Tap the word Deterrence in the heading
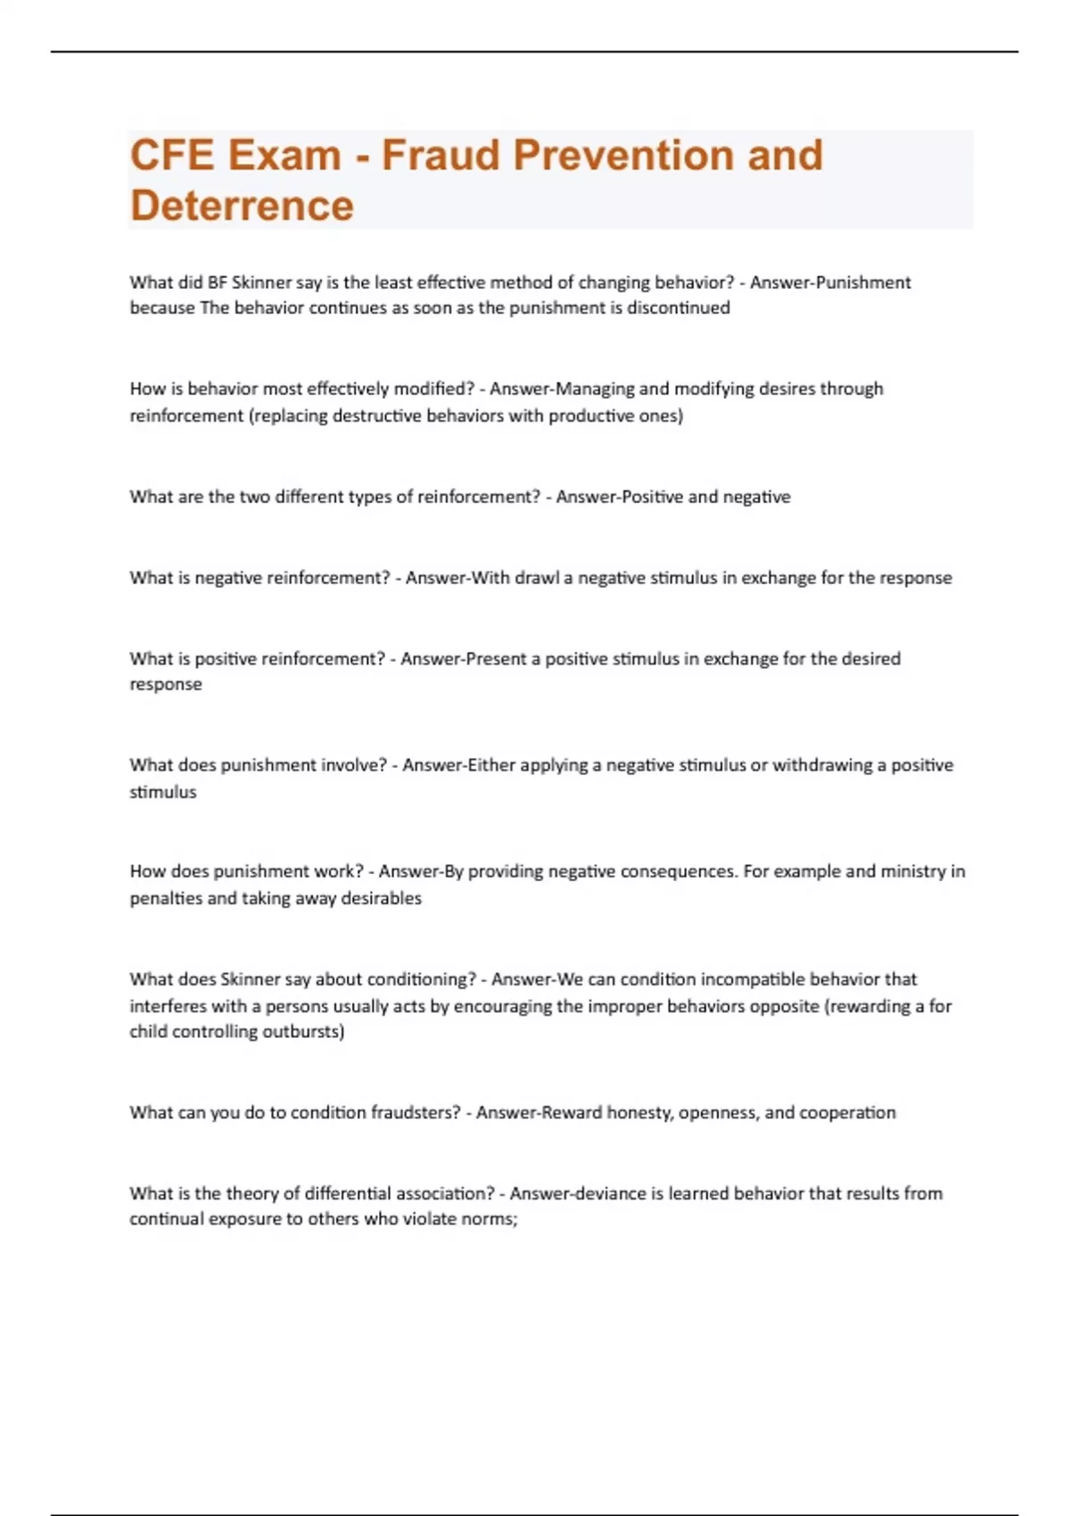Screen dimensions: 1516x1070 [x=242, y=206]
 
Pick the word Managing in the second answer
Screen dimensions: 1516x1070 [x=595, y=389]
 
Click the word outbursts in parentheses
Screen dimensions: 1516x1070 [x=307, y=1032]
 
